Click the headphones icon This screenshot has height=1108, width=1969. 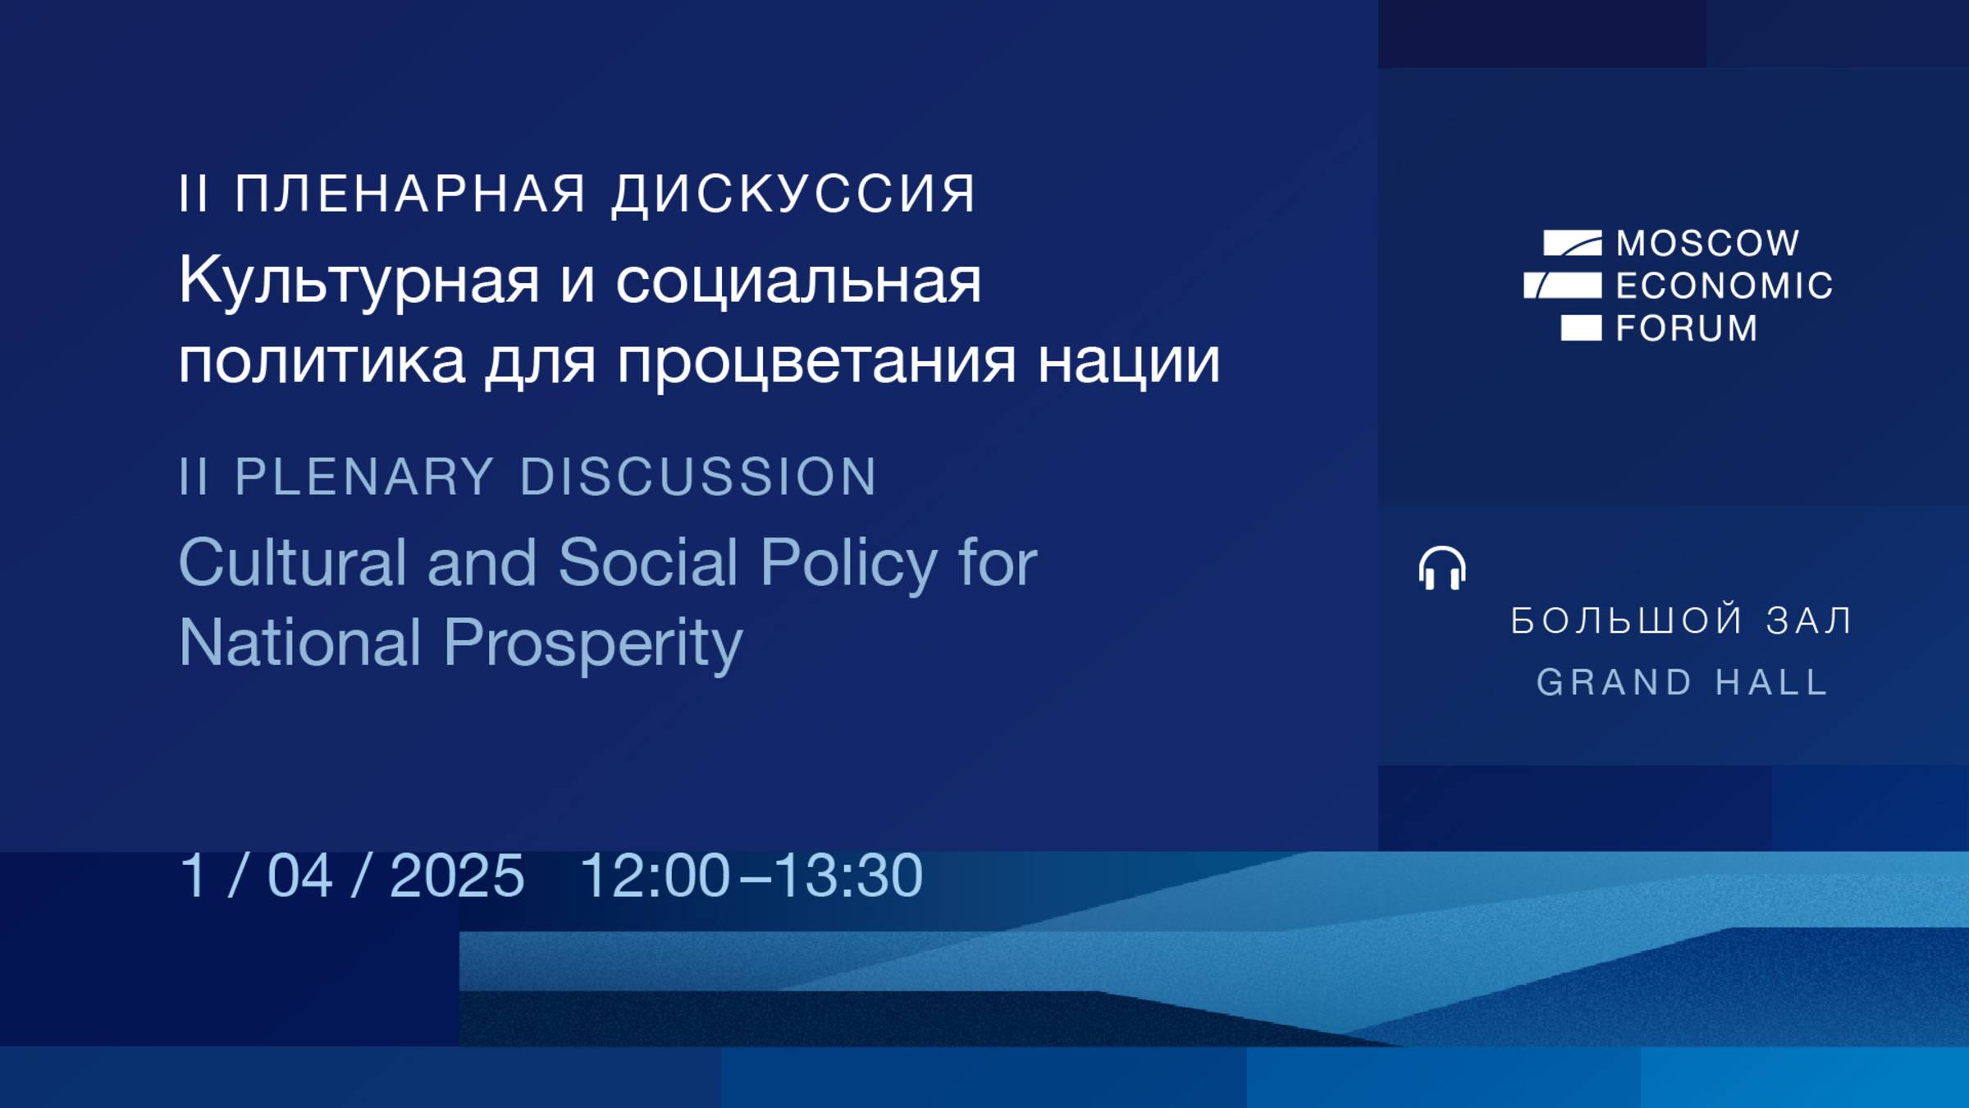tap(1441, 568)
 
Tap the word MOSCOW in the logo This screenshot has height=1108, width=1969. tap(1708, 243)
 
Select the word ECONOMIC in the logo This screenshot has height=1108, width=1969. tap(1724, 286)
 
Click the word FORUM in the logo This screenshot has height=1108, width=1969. tap(1687, 328)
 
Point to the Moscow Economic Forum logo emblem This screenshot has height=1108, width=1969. tap(1564, 285)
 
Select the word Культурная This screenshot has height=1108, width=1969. tap(359, 281)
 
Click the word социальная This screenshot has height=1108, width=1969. tap(798, 281)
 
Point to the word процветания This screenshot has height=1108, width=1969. tap(817, 361)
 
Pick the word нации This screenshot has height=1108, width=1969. tap(1129, 361)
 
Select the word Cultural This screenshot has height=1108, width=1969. tap(293, 563)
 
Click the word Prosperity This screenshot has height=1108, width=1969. tap(592, 643)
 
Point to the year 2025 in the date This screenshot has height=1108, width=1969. tap(457, 875)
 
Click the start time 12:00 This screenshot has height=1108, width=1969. tap(655, 875)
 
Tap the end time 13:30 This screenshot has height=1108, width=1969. tap(848, 875)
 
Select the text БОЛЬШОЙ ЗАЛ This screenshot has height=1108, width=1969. tap(1682, 620)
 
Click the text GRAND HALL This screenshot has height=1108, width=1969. tap(1682, 682)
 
